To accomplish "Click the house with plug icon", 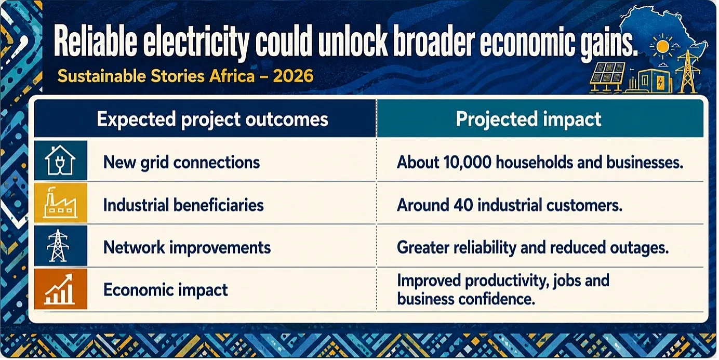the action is tap(60, 160).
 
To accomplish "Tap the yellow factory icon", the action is tap(60, 203).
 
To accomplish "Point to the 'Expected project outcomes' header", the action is tap(212, 119).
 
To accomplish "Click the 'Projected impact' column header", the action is tap(528, 119).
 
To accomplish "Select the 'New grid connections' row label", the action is tap(181, 163).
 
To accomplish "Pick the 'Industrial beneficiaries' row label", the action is tap(183, 205).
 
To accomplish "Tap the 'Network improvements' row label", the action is tap(187, 248).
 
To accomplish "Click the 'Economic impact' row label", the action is tap(165, 290).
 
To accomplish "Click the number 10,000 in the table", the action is tap(468, 163).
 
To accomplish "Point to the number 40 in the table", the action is tap(463, 205).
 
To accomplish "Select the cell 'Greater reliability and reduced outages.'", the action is tap(533, 248).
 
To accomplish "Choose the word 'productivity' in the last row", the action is tap(504, 281).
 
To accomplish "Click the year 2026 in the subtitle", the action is tap(293, 76).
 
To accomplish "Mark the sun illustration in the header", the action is tap(662, 47).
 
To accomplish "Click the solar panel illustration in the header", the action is tap(608, 77).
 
